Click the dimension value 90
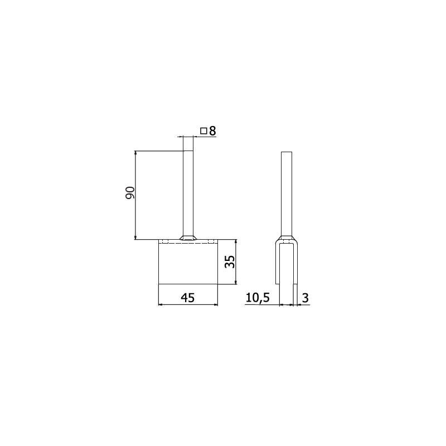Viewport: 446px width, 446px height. (x=130, y=193)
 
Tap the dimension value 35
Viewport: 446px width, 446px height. (x=230, y=261)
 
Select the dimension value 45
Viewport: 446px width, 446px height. (x=188, y=298)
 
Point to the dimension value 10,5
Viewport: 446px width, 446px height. (x=258, y=298)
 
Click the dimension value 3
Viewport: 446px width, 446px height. (x=306, y=298)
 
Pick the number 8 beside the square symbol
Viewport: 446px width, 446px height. (x=212, y=131)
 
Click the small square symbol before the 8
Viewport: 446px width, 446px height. (x=203, y=131)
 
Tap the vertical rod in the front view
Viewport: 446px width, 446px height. (x=188, y=193)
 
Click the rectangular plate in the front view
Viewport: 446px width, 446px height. (x=188, y=261)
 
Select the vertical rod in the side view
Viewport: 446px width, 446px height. (x=287, y=194)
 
